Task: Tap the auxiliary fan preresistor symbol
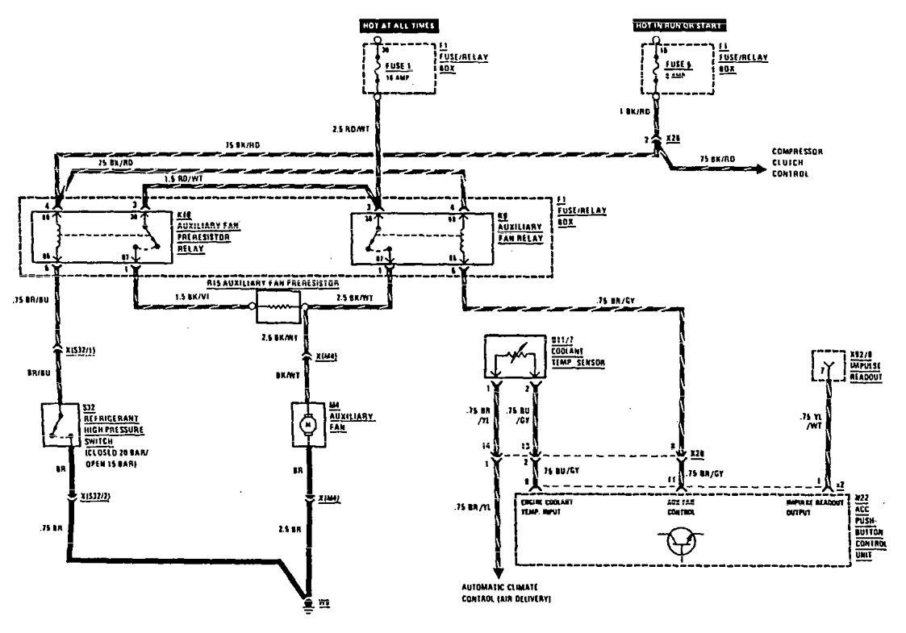(x=278, y=306)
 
